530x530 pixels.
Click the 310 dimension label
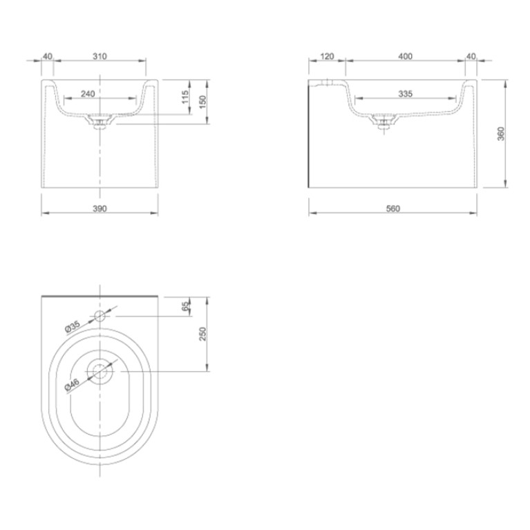pyautogui.click(x=100, y=56)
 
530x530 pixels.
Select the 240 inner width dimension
pyautogui.click(x=88, y=93)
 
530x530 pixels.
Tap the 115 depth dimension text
pyautogui.click(x=185, y=97)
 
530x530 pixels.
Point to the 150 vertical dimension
pyautogui.click(x=202, y=102)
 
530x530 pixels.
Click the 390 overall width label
pyautogui.click(x=100, y=209)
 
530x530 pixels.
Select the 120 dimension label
pyautogui.click(x=327, y=56)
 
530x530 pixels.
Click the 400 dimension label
pyautogui.click(x=406, y=56)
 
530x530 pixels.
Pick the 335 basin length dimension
pyautogui.click(x=406, y=93)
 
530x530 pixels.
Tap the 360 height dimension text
pyautogui.click(x=501, y=133)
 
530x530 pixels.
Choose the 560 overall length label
pyautogui.click(x=392, y=209)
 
